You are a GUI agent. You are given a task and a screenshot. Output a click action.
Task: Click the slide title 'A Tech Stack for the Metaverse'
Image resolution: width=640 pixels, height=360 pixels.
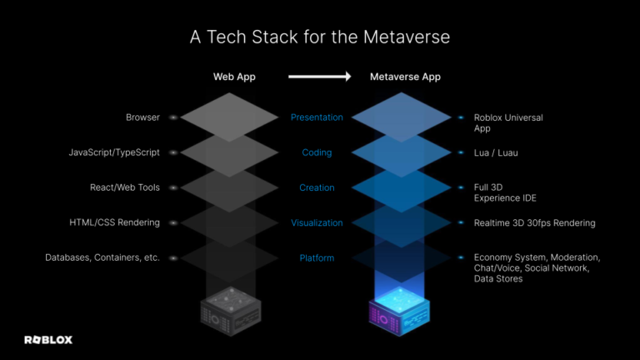point(320,38)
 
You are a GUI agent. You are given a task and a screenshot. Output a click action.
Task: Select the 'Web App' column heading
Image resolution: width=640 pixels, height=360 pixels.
point(234,77)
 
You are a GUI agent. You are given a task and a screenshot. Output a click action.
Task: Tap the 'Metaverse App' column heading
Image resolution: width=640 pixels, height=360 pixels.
point(405,77)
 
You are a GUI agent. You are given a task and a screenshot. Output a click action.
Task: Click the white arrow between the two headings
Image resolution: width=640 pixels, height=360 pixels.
point(319,77)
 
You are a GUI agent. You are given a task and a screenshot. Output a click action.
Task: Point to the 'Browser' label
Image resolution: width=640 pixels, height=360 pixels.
point(142,117)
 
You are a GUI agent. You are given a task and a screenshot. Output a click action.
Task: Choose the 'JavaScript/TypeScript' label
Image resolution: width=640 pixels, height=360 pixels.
point(114,152)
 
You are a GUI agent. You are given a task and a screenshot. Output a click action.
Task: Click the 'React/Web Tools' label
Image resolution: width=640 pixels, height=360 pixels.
point(125,187)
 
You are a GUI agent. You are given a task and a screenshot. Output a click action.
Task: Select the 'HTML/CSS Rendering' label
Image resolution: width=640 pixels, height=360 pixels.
point(115,222)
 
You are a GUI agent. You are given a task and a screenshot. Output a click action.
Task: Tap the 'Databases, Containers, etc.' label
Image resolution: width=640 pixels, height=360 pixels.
point(102,257)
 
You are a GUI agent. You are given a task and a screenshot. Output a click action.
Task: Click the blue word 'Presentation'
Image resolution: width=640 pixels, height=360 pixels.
point(317,117)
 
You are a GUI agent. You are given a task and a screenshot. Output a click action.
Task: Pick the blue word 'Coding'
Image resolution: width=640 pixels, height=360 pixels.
point(317,152)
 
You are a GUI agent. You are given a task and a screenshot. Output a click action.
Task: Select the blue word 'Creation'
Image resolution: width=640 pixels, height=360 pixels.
point(317,187)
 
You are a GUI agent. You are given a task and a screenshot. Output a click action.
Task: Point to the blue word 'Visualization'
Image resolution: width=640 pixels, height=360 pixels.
point(317,222)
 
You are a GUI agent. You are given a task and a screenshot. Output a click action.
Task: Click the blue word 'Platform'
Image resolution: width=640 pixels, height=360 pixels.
point(317,257)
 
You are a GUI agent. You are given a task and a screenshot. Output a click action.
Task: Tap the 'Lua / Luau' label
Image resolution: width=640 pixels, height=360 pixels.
point(496,152)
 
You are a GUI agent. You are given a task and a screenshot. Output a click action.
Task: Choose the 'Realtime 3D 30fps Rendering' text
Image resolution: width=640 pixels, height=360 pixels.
point(534,222)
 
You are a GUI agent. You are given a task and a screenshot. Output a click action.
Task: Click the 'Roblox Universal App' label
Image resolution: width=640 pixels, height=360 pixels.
point(507,123)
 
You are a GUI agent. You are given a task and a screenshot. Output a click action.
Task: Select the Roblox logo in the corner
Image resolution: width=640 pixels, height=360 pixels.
point(47,339)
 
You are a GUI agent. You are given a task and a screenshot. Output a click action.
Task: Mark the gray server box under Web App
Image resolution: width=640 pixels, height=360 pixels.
point(234,309)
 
